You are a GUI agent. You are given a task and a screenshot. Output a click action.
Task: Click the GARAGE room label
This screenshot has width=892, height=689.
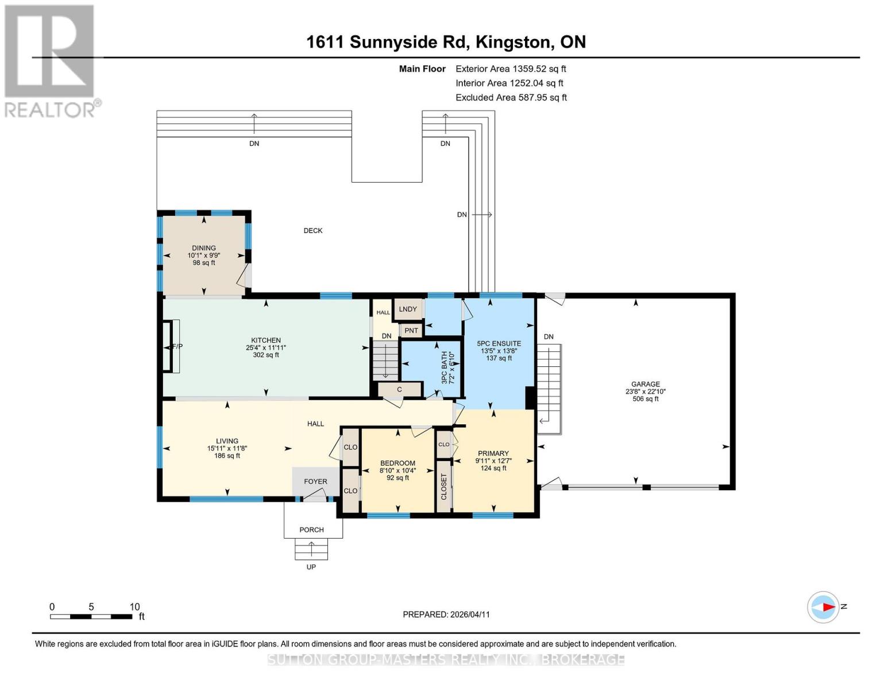(645, 384)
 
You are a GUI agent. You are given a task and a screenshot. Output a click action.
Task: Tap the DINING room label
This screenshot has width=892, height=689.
(204, 248)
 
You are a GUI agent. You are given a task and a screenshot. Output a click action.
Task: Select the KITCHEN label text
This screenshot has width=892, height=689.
(265, 340)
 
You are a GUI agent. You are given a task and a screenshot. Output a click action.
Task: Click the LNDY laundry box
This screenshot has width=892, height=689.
(408, 309)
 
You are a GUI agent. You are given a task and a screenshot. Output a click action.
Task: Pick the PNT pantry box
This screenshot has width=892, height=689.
(411, 331)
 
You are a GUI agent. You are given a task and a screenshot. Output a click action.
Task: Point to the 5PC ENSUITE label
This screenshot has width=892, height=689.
(499, 343)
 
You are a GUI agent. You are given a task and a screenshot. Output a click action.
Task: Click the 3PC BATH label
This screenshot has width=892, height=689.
(444, 368)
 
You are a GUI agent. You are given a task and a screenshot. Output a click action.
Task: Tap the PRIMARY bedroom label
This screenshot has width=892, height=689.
(493, 453)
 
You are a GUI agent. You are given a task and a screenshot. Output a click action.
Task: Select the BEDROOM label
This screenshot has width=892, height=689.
(397, 463)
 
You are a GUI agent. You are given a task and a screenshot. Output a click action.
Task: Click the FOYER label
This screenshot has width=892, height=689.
(315, 482)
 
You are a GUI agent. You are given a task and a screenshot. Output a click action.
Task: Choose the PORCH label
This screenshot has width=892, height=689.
(311, 530)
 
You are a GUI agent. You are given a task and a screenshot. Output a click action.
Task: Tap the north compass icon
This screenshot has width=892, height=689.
(824, 607)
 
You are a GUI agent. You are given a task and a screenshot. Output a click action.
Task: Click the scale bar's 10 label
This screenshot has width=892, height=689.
(134, 607)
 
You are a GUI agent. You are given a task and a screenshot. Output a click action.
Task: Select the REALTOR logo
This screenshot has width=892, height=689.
(51, 60)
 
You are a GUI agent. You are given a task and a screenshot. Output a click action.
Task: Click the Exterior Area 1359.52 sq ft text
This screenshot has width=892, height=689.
(511, 69)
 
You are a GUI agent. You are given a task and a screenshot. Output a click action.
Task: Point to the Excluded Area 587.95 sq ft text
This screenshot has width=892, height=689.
(511, 98)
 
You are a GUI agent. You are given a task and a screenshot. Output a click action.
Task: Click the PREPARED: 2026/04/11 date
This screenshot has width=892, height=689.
(446, 614)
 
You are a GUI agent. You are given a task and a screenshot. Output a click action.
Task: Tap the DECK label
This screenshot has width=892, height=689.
(313, 231)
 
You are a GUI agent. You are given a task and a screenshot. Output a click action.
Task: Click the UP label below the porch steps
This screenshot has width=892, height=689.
(311, 567)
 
